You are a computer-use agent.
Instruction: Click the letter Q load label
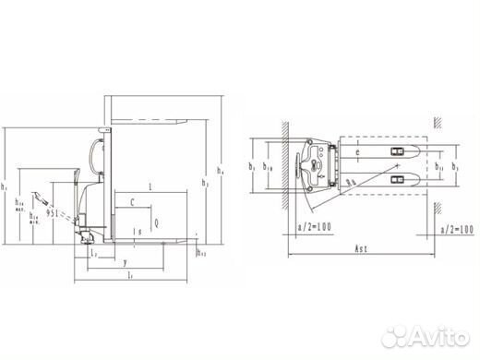(x=156, y=222)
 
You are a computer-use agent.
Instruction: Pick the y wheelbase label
(x=126, y=262)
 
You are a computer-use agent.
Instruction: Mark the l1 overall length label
(x=132, y=275)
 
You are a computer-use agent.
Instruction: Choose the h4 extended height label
(x=219, y=172)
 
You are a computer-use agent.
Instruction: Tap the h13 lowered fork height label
(x=203, y=251)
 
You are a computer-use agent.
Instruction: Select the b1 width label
(x=252, y=167)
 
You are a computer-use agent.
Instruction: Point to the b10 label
(x=268, y=167)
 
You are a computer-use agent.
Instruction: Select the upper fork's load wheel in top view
(x=397, y=151)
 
